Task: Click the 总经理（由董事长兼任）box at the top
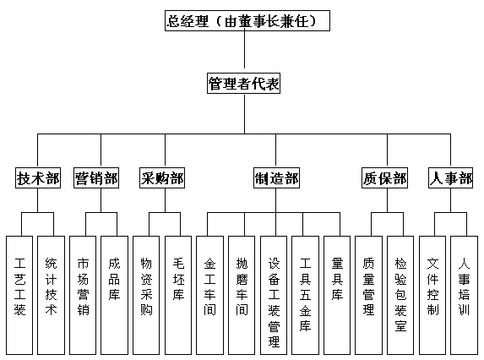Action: [x=247, y=20]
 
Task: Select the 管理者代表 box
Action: [x=243, y=84]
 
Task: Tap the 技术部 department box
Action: [x=38, y=177]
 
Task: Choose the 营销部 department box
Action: [x=96, y=177]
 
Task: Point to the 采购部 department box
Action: [x=162, y=177]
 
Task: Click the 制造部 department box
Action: [x=276, y=177]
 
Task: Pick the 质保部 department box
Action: [x=384, y=177]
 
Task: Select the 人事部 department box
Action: [x=451, y=177]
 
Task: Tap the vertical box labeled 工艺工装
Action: [x=19, y=295]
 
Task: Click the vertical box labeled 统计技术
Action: [x=52, y=295]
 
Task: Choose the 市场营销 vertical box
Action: [x=83, y=295]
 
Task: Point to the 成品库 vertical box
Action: [x=115, y=295]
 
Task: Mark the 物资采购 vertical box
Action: [x=146, y=295]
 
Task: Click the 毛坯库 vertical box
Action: [x=178, y=295]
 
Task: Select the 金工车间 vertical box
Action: [x=209, y=295]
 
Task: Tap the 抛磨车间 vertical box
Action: [x=242, y=295]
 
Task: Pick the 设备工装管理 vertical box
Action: [x=274, y=295]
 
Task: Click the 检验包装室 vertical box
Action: [x=400, y=295]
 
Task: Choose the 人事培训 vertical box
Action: [x=465, y=295]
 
